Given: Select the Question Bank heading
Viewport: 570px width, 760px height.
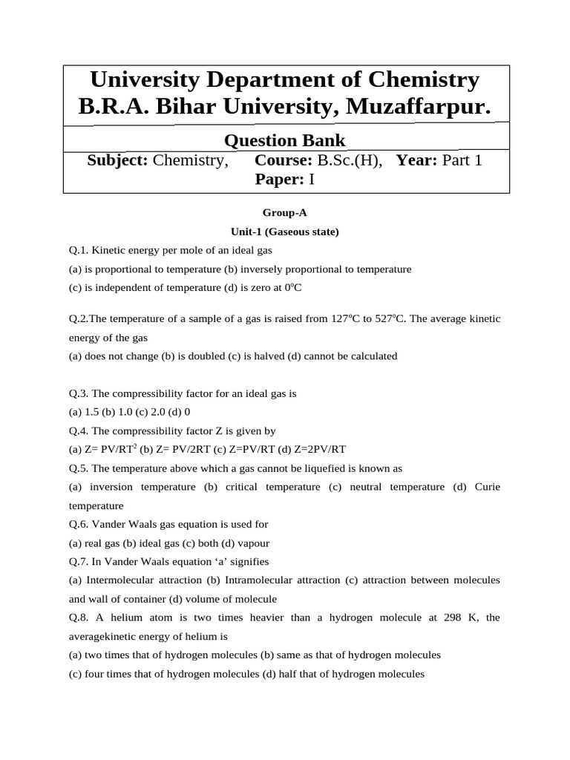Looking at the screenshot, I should [284, 140].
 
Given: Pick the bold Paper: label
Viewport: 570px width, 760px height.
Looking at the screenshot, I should [280, 180].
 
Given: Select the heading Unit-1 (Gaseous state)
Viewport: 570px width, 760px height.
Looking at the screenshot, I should [284, 232].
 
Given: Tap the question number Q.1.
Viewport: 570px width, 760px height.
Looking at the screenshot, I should [79, 251].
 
